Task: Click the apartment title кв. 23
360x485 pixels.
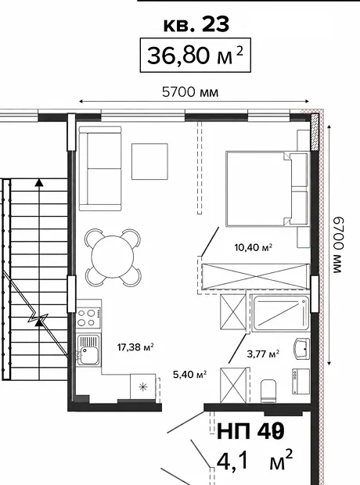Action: click(196, 24)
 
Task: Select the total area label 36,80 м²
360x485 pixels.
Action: click(196, 56)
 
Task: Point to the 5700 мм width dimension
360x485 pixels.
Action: click(190, 92)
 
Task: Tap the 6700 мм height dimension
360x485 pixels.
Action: click(338, 245)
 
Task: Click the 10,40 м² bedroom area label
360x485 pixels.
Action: click(254, 247)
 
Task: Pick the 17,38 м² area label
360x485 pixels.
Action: click(135, 347)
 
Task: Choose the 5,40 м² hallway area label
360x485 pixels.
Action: click(189, 375)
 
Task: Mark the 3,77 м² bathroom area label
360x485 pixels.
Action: click(263, 354)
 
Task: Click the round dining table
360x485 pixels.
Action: click(113, 257)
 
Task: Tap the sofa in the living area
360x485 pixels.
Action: click(99, 168)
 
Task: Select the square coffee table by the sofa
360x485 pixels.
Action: click(149, 161)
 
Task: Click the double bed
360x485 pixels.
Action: click(268, 189)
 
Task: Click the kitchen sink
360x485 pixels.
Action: click(88, 350)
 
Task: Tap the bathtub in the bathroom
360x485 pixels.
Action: click(280, 314)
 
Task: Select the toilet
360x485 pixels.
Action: click(268, 391)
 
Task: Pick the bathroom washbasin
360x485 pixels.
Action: click(302, 349)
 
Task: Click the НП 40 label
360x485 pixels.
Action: click(250, 432)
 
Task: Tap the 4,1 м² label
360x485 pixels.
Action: click(254, 460)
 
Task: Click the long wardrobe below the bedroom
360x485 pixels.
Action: click(255, 276)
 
